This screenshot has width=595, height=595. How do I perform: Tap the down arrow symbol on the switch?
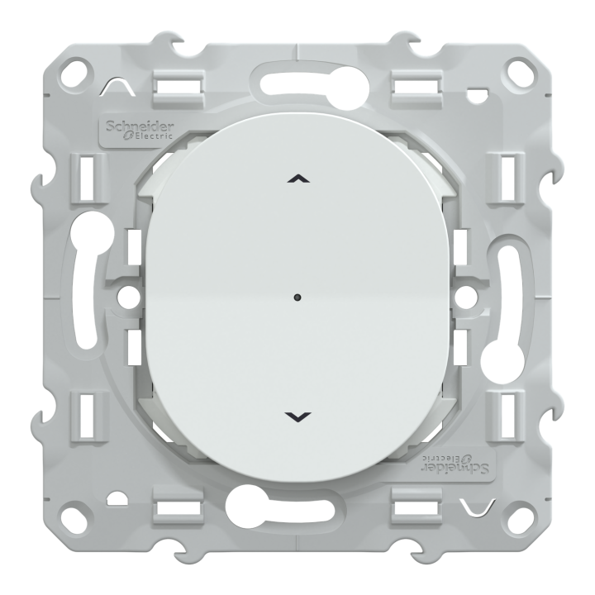[x=297, y=415]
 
